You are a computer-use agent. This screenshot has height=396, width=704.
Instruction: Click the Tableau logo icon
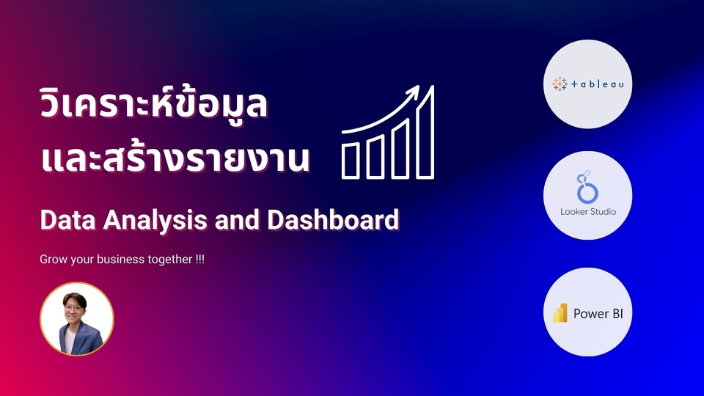point(560,84)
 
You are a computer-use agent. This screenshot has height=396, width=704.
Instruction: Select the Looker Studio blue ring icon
point(587,190)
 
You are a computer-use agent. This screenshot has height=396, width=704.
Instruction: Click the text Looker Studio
point(587,212)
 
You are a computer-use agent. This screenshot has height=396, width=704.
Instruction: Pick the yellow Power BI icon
point(560,313)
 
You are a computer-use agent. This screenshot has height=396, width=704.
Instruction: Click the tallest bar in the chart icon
point(426,132)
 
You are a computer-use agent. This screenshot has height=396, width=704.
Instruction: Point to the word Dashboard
point(345,219)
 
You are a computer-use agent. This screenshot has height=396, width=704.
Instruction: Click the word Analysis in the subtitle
point(139,219)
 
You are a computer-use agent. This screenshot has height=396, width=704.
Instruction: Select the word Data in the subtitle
point(64,219)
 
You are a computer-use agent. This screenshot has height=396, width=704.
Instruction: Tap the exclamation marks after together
point(199,260)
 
